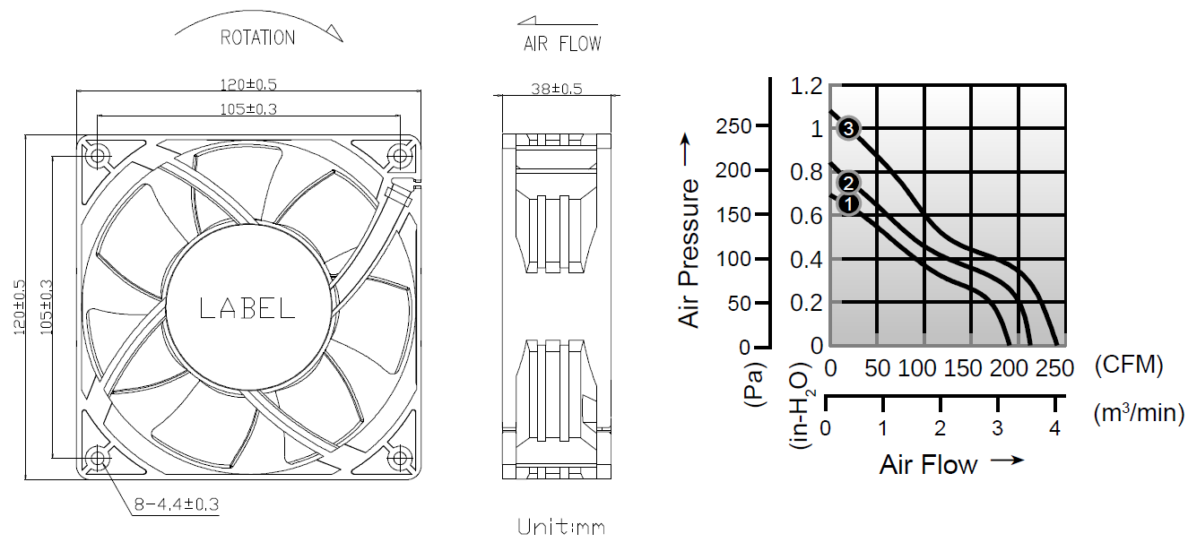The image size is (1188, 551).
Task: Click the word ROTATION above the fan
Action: pyautogui.click(x=257, y=38)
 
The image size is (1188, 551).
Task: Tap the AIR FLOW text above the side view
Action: pyautogui.click(x=562, y=43)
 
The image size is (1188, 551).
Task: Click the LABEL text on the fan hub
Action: pyautogui.click(x=247, y=308)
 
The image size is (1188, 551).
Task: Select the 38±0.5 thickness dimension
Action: pyautogui.click(x=557, y=88)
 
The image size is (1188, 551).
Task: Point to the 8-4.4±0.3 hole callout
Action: pyautogui.click(x=176, y=504)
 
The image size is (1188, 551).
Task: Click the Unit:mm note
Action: pyautogui.click(x=561, y=527)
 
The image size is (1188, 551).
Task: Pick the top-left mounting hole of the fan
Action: pyautogui.click(x=98, y=156)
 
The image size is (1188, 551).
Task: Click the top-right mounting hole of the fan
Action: pyautogui.click(x=400, y=156)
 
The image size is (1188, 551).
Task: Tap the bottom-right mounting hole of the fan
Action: pyautogui.click(x=400, y=458)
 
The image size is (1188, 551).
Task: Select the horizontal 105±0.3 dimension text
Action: pyautogui.click(x=248, y=109)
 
